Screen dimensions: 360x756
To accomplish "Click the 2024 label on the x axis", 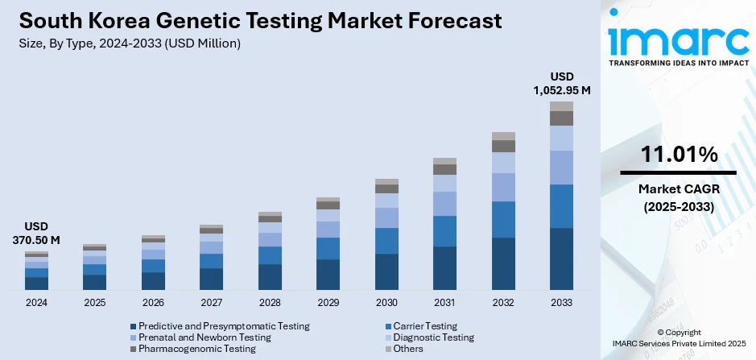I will pyautogui.click(x=36, y=303).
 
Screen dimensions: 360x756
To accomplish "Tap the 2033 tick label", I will pyautogui.click(x=561, y=303).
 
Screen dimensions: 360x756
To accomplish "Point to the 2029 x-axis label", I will pyautogui.click(x=328, y=303).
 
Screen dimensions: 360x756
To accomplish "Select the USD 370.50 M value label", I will pyautogui.click(x=36, y=234).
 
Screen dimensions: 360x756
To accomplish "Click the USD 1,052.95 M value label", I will pyautogui.click(x=561, y=84).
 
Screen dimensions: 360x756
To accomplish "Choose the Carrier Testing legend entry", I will pyautogui.click(x=421, y=326).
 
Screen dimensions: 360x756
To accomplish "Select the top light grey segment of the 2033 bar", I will pyautogui.click(x=561, y=106).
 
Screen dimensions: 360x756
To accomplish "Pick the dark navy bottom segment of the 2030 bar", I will pyautogui.click(x=386, y=271).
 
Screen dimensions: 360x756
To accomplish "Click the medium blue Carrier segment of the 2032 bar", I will pyautogui.click(x=503, y=219).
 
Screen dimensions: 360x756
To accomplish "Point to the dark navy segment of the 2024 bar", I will pyautogui.click(x=36, y=283).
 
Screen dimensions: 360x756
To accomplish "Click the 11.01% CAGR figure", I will pyautogui.click(x=679, y=155).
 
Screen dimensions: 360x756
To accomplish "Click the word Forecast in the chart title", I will pyautogui.click(x=440, y=20).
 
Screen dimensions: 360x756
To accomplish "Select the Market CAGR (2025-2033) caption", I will pyautogui.click(x=679, y=197).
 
